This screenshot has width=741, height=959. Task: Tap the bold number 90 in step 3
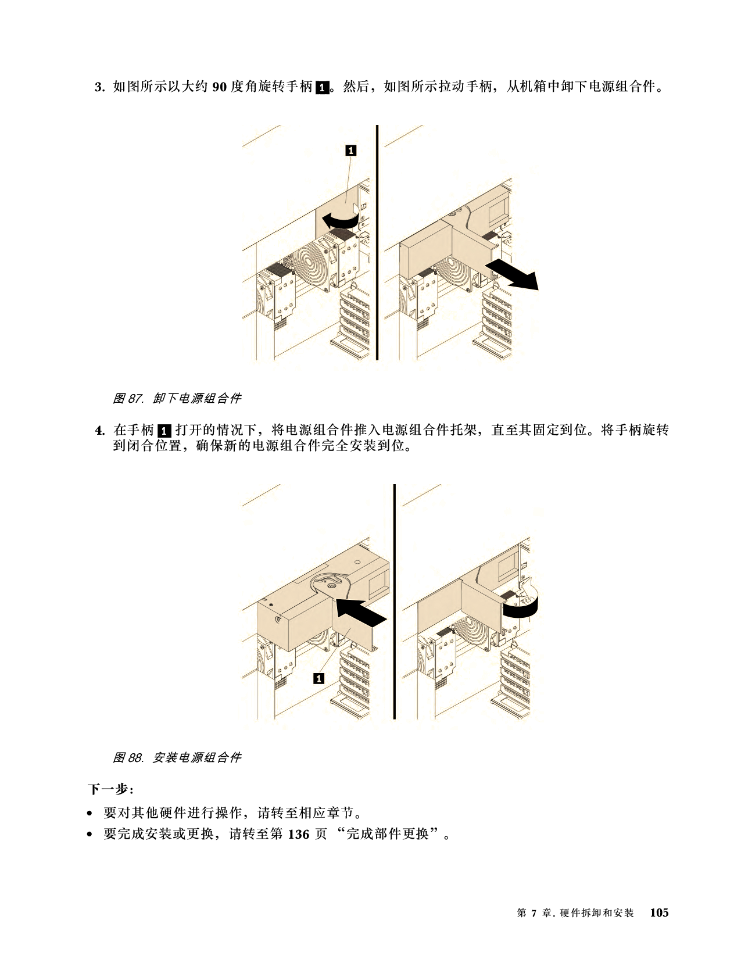coord(219,87)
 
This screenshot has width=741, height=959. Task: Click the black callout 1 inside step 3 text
coord(323,87)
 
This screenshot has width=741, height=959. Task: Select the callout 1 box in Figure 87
coord(350,151)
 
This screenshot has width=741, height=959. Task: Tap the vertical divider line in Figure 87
coord(377,242)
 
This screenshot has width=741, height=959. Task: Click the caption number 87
coord(135,399)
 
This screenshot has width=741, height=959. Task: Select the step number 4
coord(100,430)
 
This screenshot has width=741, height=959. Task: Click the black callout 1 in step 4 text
coord(164,430)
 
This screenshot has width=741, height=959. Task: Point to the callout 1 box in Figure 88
coord(318,678)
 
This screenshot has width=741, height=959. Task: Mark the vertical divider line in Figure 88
coord(394,602)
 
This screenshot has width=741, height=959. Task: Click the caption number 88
coord(135,758)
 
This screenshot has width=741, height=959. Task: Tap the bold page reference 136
coord(299,834)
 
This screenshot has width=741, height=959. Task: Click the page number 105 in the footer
coord(660,913)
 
